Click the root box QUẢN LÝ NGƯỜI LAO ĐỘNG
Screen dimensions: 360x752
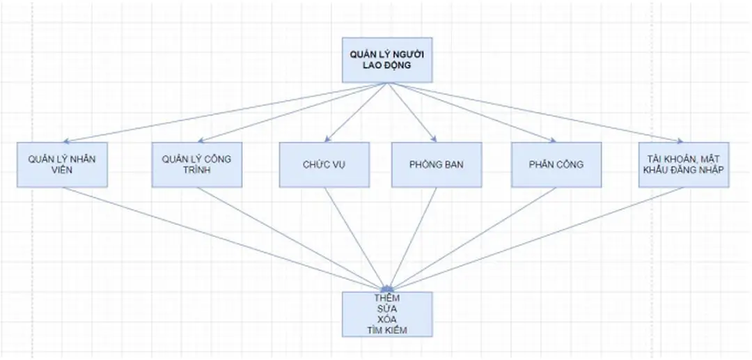(387, 58)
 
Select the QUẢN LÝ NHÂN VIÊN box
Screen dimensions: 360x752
(63, 164)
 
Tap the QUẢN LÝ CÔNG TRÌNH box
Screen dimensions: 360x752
(196, 164)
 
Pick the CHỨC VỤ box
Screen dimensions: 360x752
(324, 165)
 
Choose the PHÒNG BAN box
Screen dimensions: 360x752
(437, 165)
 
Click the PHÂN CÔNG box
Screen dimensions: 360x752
(556, 165)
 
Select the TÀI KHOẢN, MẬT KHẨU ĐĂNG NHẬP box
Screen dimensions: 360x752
(684, 164)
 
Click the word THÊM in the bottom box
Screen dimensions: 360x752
(387, 298)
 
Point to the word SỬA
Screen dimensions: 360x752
(387, 309)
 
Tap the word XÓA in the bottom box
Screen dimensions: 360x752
(387, 320)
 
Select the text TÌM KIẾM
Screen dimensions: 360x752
(387, 331)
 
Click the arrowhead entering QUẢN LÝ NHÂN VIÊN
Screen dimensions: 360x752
(65, 141)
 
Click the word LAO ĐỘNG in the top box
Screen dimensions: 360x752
(387, 65)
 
